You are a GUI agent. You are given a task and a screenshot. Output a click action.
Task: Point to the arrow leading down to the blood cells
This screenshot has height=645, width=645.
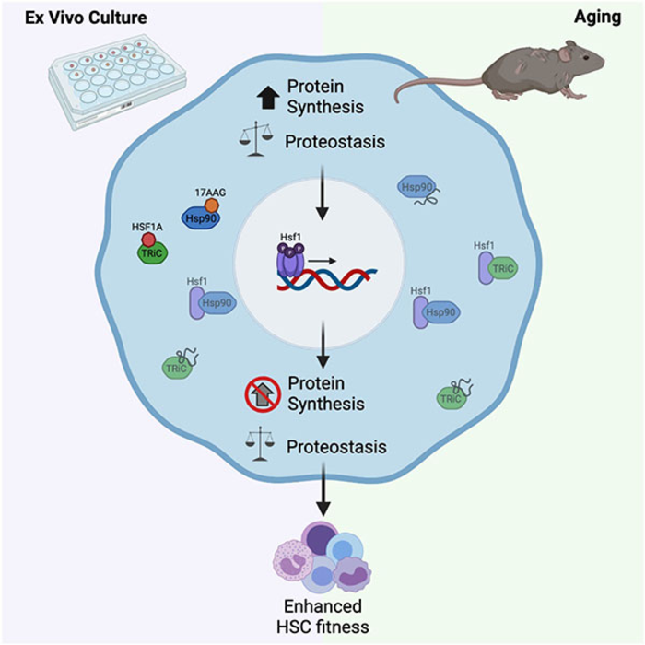(x=322, y=492)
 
